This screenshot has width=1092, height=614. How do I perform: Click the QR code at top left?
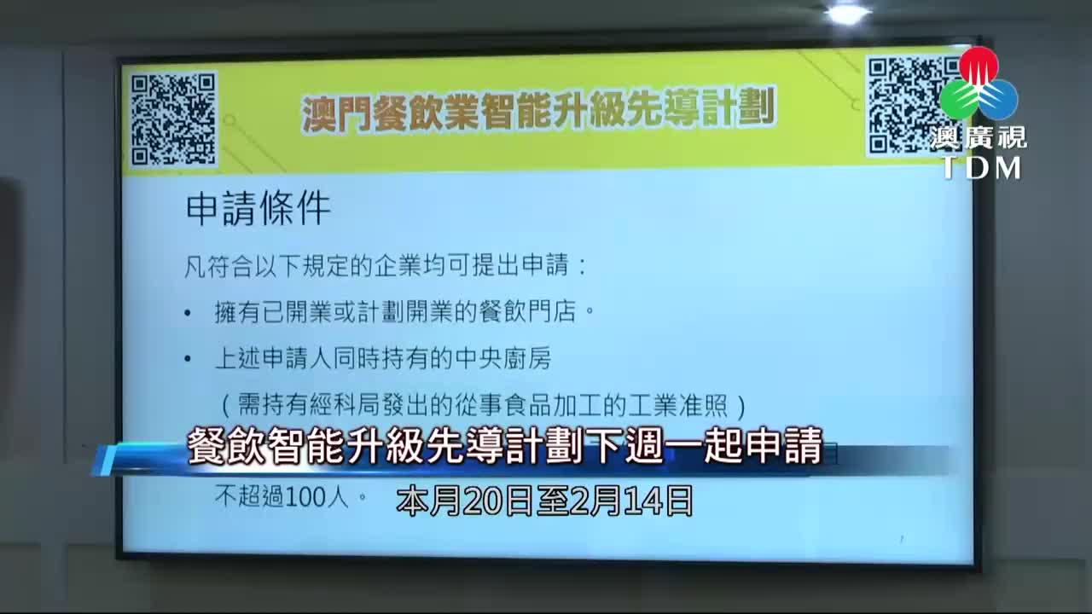point(173,119)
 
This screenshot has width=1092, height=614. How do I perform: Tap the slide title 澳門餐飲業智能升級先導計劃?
point(538,111)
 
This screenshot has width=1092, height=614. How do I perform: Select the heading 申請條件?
point(258,209)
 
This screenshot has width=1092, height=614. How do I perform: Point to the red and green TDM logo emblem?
point(979,85)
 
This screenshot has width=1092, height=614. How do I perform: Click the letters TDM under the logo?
point(981,168)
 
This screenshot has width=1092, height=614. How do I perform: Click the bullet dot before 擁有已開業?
point(188,313)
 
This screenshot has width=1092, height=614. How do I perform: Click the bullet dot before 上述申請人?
point(188,360)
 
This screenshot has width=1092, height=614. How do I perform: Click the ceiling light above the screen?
point(846,13)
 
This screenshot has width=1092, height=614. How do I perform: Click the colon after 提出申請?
point(583,267)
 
